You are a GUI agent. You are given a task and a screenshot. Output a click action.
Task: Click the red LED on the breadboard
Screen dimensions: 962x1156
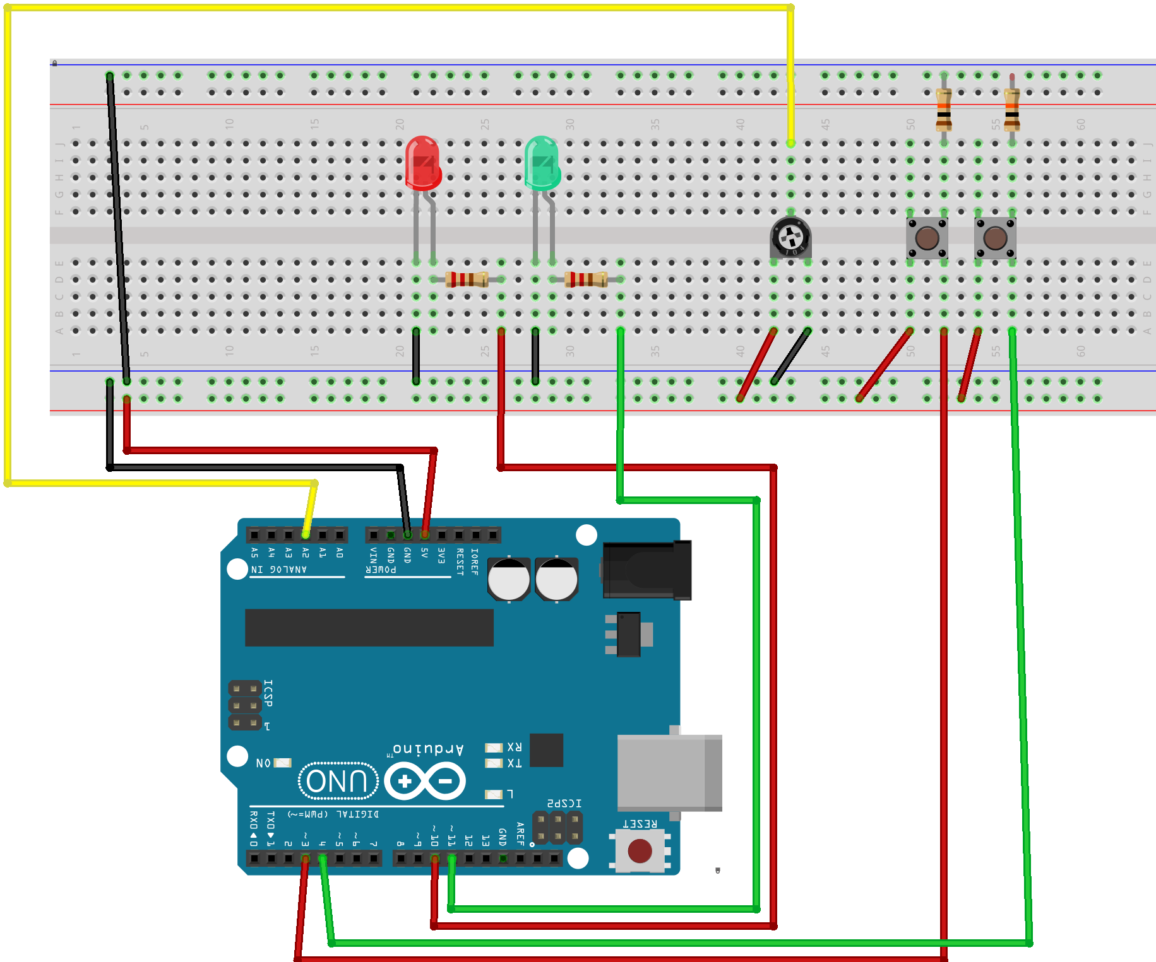point(422,163)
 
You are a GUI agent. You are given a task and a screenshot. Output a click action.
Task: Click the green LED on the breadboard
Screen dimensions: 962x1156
point(542,163)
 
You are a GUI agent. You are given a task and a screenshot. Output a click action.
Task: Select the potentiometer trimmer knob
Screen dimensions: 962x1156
point(790,238)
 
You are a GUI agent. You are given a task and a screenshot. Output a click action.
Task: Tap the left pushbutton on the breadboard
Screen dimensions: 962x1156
point(927,238)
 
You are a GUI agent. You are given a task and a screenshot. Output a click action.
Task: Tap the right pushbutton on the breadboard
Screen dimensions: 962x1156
point(995,238)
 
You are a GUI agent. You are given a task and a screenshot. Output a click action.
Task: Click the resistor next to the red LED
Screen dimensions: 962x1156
point(467,279)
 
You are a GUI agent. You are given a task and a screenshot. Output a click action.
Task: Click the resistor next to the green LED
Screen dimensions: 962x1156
point(586,279)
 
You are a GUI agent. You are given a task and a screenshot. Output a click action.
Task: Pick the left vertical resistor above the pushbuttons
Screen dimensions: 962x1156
point(944,109)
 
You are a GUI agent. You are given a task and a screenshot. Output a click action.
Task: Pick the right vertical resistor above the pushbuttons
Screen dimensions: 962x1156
point(1012,109)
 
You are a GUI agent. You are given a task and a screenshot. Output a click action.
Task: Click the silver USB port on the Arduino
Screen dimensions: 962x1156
point(669,773)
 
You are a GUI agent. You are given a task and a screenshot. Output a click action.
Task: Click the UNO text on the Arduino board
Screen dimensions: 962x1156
point(338,781)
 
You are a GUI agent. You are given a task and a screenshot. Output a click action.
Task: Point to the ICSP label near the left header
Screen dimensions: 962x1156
point(268,693)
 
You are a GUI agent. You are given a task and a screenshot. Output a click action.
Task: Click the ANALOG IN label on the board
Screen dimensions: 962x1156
point(279,570)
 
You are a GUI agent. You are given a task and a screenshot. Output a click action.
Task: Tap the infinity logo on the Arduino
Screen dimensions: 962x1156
point(425,781)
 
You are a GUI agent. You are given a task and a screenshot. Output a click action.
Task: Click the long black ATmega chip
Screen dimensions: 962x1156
point(369,628)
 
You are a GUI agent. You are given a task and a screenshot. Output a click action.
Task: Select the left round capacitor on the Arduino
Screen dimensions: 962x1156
point(509,579)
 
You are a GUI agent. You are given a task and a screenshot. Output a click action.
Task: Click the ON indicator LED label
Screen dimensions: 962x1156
point(263,763)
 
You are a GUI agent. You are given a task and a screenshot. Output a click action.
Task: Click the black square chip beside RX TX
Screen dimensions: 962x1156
point(546,750)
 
